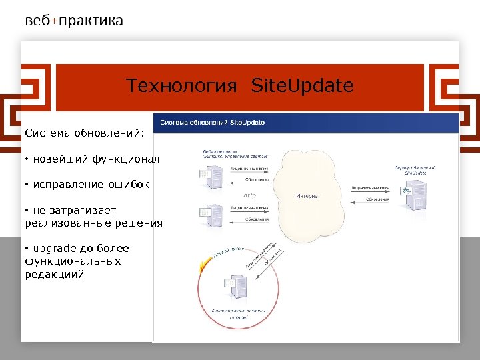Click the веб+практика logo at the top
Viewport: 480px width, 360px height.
pos(74,21)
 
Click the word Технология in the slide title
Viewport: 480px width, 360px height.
pos(182,86)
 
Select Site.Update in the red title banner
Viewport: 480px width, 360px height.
pos(302,86)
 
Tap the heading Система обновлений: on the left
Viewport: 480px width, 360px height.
pos(84,133)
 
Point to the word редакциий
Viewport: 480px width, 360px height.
pos(55,273)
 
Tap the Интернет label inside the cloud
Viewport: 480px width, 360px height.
pos(308,196)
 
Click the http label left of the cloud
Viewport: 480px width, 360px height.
pos(249,195)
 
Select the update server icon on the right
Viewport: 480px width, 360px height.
pos(407,195)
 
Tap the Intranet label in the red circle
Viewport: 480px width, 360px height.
pos(239,318)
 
